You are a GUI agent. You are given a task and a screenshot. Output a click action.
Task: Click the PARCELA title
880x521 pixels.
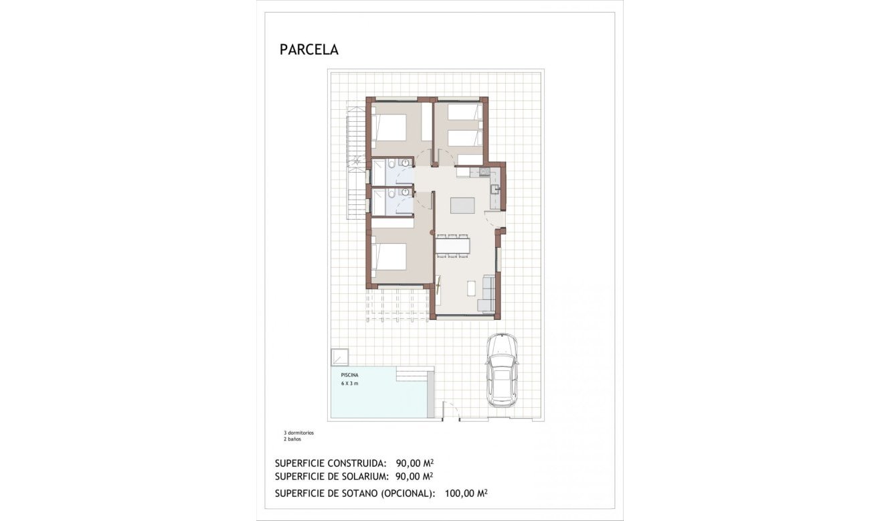point(309,50)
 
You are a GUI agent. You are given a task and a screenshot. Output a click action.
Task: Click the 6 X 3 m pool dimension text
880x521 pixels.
point(349,384)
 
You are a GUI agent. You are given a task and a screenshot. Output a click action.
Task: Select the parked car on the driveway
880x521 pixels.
point(501,369)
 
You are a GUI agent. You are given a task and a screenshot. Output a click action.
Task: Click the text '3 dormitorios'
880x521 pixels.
point(298,433)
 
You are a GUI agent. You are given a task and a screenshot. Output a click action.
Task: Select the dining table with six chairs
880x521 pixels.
point(453,244)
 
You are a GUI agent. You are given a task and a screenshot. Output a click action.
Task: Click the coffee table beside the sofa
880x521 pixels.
point(470,289)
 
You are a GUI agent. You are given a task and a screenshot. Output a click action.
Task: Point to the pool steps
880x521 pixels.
point(415,373)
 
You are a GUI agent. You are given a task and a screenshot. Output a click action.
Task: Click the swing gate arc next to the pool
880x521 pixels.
point(450,410)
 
